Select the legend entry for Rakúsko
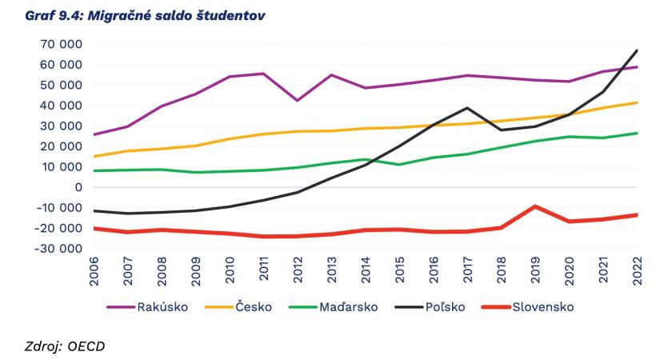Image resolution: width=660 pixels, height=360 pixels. tap(164, 306)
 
